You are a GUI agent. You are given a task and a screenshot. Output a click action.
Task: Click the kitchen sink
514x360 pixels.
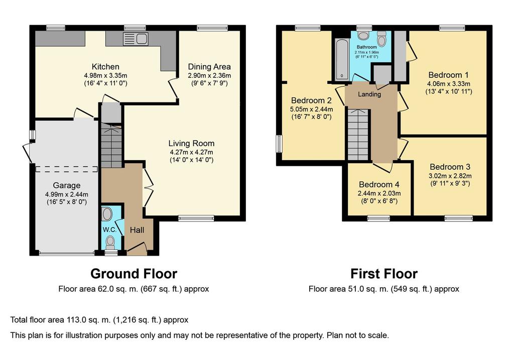(x=136, y=39)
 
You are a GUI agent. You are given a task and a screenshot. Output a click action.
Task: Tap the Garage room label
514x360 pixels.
(x=67, y=186)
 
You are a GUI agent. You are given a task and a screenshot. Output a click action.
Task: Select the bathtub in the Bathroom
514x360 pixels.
(x=342, y=59)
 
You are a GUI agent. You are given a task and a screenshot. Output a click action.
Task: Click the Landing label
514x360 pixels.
(x=369, y=94)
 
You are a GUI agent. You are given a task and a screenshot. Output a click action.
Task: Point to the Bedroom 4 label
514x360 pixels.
(x=379, y=185)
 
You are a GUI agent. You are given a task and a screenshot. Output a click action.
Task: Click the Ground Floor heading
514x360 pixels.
(x=134, y=274)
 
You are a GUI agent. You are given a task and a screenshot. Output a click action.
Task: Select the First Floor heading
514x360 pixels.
(x=384, y=274)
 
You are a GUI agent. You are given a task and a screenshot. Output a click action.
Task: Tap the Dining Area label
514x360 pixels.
(x=209, y=67)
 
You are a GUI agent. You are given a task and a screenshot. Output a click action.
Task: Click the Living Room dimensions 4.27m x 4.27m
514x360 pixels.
(x=191, y=152)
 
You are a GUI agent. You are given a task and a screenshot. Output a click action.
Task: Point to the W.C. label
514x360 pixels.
(x=109, y=229)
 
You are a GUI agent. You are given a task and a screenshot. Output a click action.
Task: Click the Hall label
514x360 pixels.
(x=137, y=230)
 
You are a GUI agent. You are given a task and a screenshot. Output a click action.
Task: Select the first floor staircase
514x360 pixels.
(x=358, y=135)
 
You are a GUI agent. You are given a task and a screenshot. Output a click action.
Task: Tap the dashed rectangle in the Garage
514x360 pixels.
(x=67, y=169)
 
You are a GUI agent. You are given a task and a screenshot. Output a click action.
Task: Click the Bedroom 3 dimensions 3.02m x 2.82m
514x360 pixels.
(x=450, y=176)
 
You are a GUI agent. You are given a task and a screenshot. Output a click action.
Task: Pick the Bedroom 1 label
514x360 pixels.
(x=448, y=75)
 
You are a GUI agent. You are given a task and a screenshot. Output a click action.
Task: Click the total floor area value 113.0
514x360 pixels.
(x=76, y=320)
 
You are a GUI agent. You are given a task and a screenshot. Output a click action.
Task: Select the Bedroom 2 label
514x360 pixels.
(x=311, y=100)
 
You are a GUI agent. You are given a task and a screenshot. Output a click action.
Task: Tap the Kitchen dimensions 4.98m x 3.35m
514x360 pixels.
(x=105, y=75)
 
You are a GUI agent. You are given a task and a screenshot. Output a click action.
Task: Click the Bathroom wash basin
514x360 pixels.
(x=363, y=35)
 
